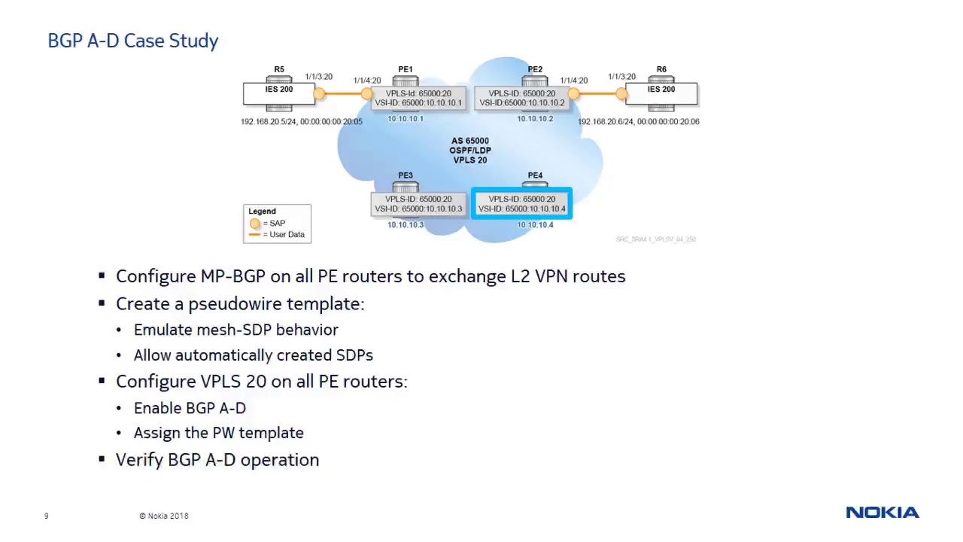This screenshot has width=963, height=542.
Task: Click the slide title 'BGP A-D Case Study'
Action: pos(133,41)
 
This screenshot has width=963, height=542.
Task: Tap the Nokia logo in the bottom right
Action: pos(882,513)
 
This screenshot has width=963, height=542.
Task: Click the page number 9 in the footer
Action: pos(46,516)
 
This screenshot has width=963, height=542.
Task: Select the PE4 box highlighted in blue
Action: pos(521,204)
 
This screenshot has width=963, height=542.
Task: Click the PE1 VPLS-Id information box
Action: pos(418,98)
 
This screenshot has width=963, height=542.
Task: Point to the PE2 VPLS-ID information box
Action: pos(521,98)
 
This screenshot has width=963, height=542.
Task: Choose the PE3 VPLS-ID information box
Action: pos(418,204)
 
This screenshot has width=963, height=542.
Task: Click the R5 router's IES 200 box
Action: pos(278,93)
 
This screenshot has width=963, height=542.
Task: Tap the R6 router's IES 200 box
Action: pos(661,93)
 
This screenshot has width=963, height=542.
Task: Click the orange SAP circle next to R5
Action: pos(319,93)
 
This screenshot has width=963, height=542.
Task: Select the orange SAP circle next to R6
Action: pos(621,93)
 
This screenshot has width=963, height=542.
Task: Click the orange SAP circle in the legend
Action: pos(254,224)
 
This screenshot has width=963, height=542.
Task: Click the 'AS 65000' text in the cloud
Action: pos(470,141)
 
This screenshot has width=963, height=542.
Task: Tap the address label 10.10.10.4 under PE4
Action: pos(535,225)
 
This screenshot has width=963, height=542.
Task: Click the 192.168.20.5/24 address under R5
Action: pos(268,121)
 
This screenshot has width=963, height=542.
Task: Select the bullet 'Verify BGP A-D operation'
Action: pos(217,460)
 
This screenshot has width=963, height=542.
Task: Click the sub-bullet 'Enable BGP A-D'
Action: pos(190,408)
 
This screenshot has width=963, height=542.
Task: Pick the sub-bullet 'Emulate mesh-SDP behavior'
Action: pos(235,330)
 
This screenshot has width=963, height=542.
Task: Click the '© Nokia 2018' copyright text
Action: pos(163,516)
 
